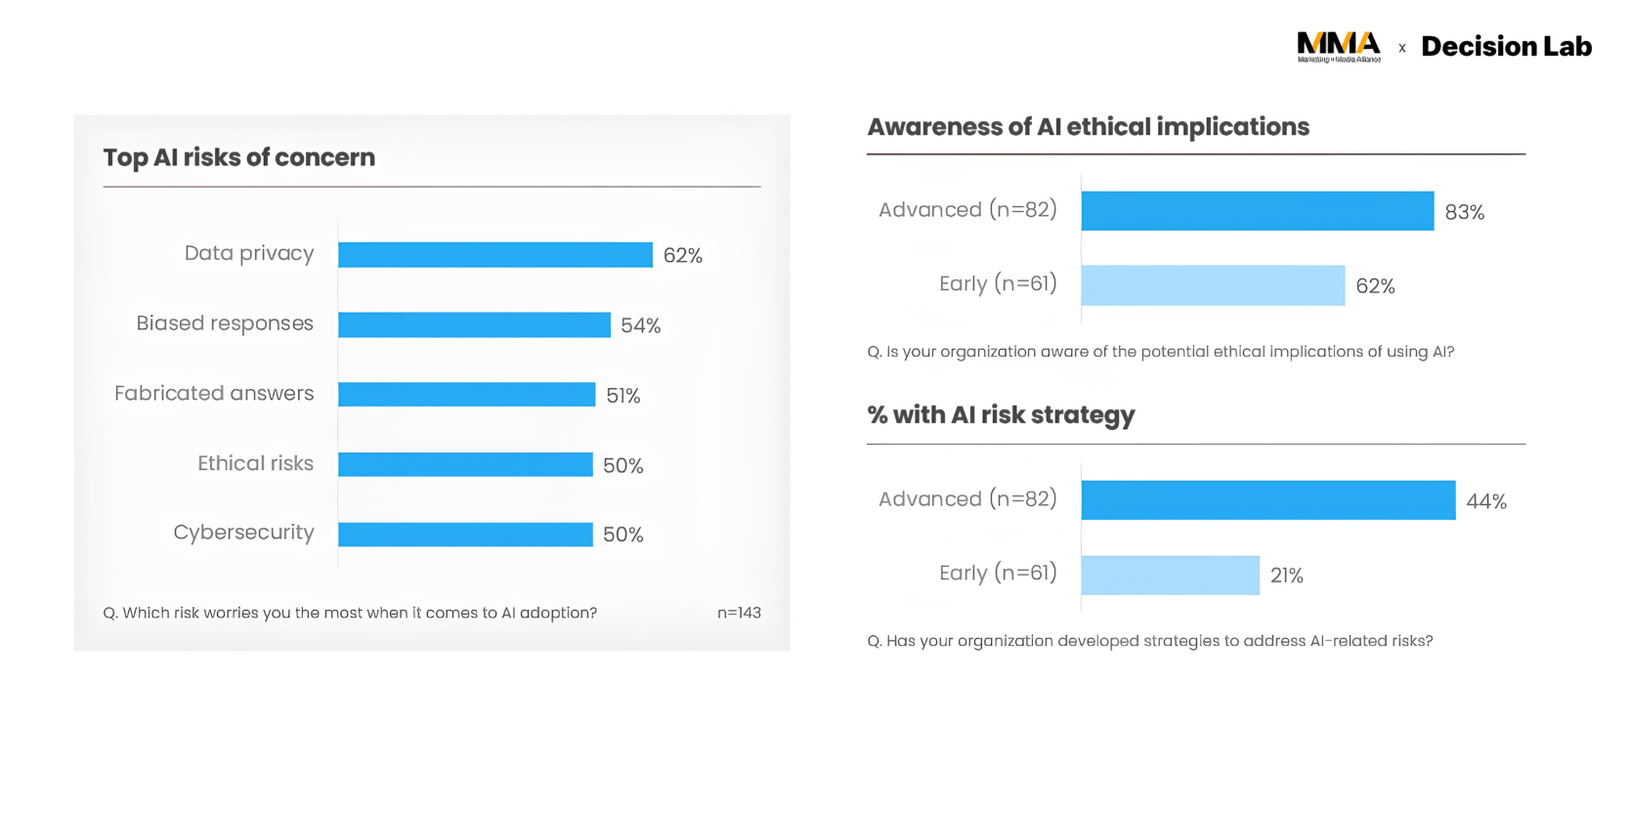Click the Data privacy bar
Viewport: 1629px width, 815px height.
tap(495, 254)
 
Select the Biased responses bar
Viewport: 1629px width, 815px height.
tap(474, 324)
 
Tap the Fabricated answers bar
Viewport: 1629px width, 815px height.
tap(467, 394)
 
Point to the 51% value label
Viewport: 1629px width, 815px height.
tap(623, 396)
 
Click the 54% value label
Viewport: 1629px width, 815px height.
tap(641, 325)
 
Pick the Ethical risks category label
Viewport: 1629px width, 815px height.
tap(255, 463)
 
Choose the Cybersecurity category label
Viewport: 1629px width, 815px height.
tap(243, 533)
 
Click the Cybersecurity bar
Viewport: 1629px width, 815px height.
tap(465, 535)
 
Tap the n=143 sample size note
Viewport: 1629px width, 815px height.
tap(739, 613)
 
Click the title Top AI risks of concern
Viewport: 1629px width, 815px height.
tap(239, 157)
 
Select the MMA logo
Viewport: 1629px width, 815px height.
tap(1339, 47)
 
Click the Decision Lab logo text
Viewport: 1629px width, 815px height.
tap(1507, 47)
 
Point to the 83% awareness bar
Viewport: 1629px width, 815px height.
tap(1258, 211)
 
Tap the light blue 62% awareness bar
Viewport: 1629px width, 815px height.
tap(1213, 285)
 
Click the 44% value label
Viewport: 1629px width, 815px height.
tap(1486, 501)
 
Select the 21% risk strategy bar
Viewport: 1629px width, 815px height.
tap(1170, 575)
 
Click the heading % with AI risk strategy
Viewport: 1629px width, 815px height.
tap(1001, 415)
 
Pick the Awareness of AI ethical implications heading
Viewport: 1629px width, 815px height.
tap(1088, 127)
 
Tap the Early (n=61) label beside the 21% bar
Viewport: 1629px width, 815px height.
tap(998, 573)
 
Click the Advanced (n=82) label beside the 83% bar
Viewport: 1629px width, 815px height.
tap(967, 209)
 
